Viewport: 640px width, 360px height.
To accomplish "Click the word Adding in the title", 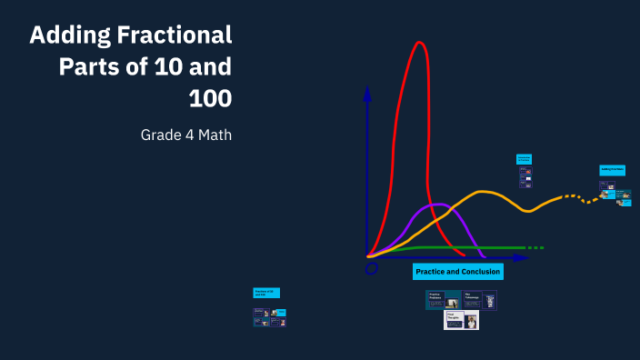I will [x=72, y=35].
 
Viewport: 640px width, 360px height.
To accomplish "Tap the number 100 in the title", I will [x=210, y=97].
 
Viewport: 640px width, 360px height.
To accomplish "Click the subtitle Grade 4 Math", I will [x=185, y=135].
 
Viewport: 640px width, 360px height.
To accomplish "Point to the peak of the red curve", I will [x=419, y=43].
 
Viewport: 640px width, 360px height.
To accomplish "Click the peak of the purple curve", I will [x=438, y=204].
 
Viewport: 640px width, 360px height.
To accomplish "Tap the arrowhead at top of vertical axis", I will [x=366, y=92].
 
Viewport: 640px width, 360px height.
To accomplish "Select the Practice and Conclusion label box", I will [x=457, y=272].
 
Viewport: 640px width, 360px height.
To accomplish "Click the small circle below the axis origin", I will [x=371, y=268].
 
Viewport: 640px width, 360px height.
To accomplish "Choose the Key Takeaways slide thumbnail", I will [x=480, y=299].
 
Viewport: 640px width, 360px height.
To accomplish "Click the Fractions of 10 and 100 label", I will [x=266, y=293].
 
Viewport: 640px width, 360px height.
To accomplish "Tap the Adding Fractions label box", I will [x=611, y=170].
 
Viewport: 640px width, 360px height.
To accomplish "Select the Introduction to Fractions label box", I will [x=524, y=159].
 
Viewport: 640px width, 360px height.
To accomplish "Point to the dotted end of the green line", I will [x=535, y=247].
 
